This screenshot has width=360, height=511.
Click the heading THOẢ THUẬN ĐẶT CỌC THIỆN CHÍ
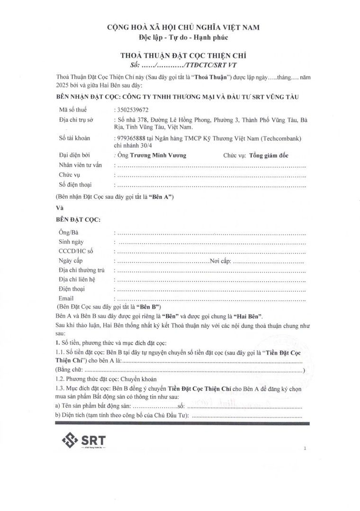tap(183, 55)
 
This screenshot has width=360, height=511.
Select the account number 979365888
tap(134, 138)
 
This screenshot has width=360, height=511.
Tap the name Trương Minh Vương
tap(159, 155)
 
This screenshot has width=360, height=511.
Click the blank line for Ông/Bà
tap(211, 233)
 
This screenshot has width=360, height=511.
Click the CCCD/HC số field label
tap(76, 252)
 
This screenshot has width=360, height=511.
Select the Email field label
tap(66, 298)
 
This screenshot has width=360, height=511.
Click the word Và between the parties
tap(60, 208)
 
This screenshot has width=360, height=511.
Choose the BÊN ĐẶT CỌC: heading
tap(78, 220)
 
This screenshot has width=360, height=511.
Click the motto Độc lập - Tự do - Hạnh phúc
tap(183, 37)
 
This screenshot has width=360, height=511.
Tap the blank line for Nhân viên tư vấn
tap(211, 166)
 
